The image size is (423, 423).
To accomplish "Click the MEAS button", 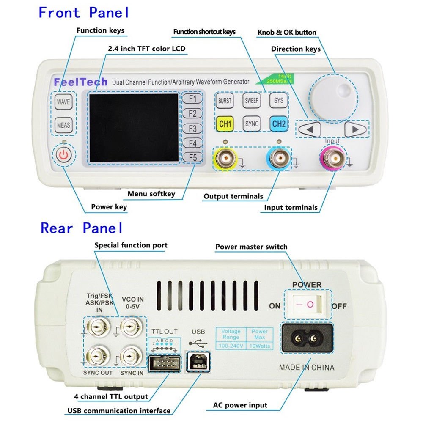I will coord(63,125).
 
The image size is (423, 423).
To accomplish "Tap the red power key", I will coord(63,156).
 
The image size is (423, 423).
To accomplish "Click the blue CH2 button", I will coord(279,124).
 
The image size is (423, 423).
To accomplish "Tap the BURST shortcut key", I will coord(225,101).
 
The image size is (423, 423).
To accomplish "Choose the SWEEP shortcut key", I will coord(252,101).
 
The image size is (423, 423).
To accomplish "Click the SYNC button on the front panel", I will coord(252,124).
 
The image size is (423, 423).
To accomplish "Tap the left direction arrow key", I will coord(309,129).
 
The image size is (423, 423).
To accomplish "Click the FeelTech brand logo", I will coord(81,82).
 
